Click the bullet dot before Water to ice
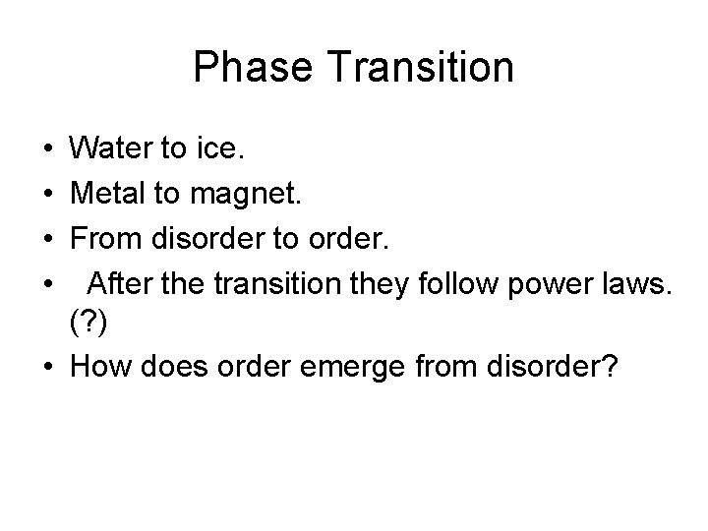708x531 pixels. [48, 150]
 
